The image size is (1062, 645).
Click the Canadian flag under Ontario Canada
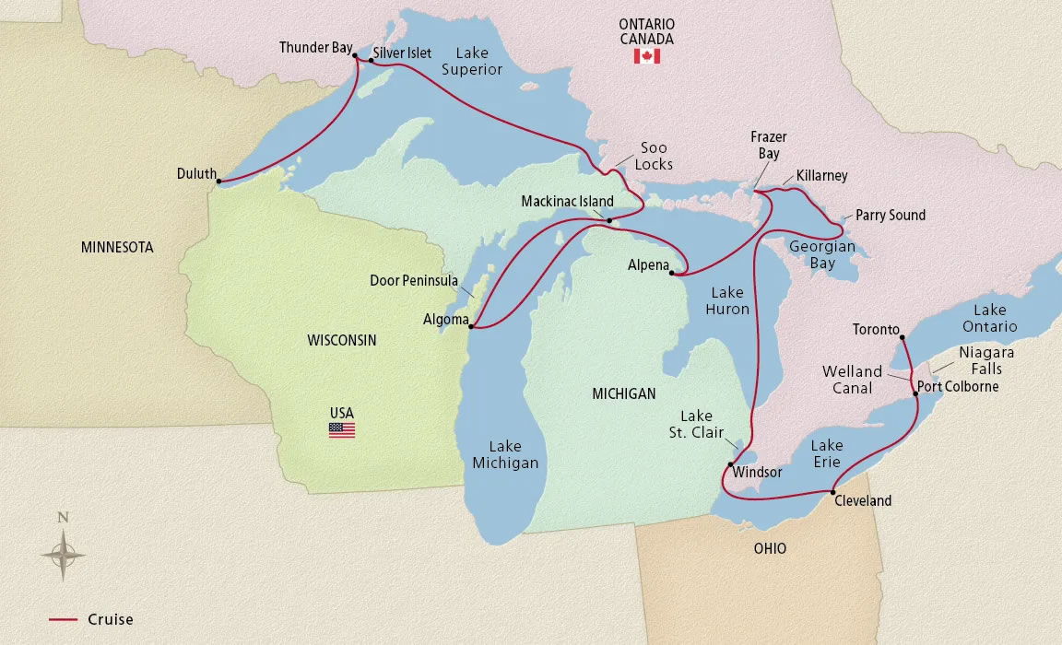point(646,57)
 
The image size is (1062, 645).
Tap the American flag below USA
point(341,429)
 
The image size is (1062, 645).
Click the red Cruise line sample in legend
point(63,619)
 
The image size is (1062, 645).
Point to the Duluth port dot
point(218,181)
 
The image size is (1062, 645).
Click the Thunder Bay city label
point(315,47)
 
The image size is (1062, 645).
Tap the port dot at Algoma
point(471,326)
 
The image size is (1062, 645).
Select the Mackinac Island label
point(567,201)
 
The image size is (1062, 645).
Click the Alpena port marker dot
point(672,274)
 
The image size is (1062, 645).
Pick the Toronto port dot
point(901,337)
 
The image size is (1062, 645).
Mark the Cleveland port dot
point(832,491)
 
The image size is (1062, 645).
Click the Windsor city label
point(757,472)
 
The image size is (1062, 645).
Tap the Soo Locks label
point(654,156)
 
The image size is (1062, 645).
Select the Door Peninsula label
point(414,281)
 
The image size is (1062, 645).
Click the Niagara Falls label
point(985,360)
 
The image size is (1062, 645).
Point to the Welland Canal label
point(852,380)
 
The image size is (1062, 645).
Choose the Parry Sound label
point(891,215)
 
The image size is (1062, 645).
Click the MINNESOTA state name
point(117,248)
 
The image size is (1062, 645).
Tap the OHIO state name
point(770,548)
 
